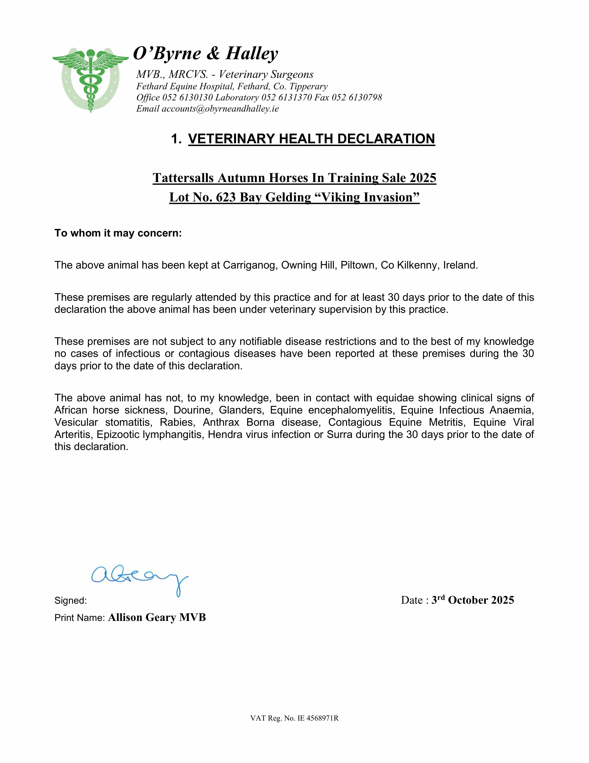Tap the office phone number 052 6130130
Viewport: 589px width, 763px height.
pyautogui.click(x=188, y=98)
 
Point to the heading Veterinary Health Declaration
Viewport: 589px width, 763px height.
pyautogui.click(x=312, y=139)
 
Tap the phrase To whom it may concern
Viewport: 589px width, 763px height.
pyautogui.click(x=118, y=233)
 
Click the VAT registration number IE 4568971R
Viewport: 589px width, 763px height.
pyautogui.click(x=318, y=718)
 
